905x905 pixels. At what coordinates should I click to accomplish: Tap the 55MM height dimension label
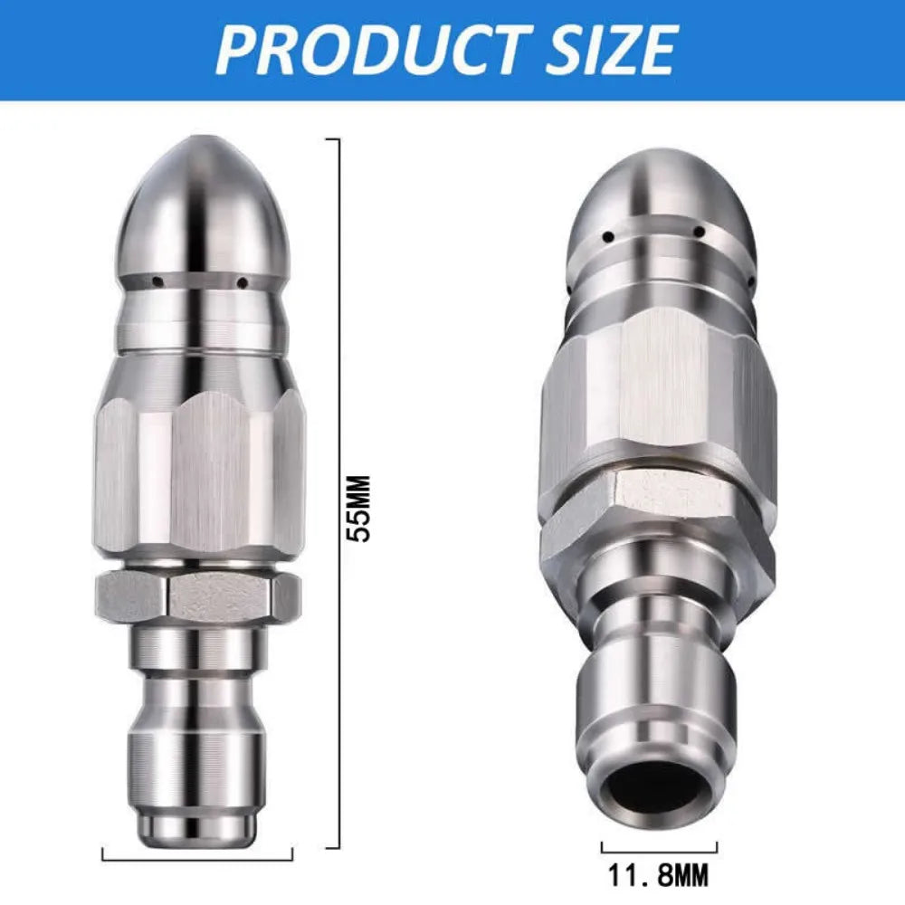(361, 509)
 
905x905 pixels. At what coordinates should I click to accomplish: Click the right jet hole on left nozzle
(243, 281)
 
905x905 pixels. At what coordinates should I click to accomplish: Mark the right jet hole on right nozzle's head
(700, 233)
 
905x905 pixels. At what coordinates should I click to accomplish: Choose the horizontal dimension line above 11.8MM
(660, 847)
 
